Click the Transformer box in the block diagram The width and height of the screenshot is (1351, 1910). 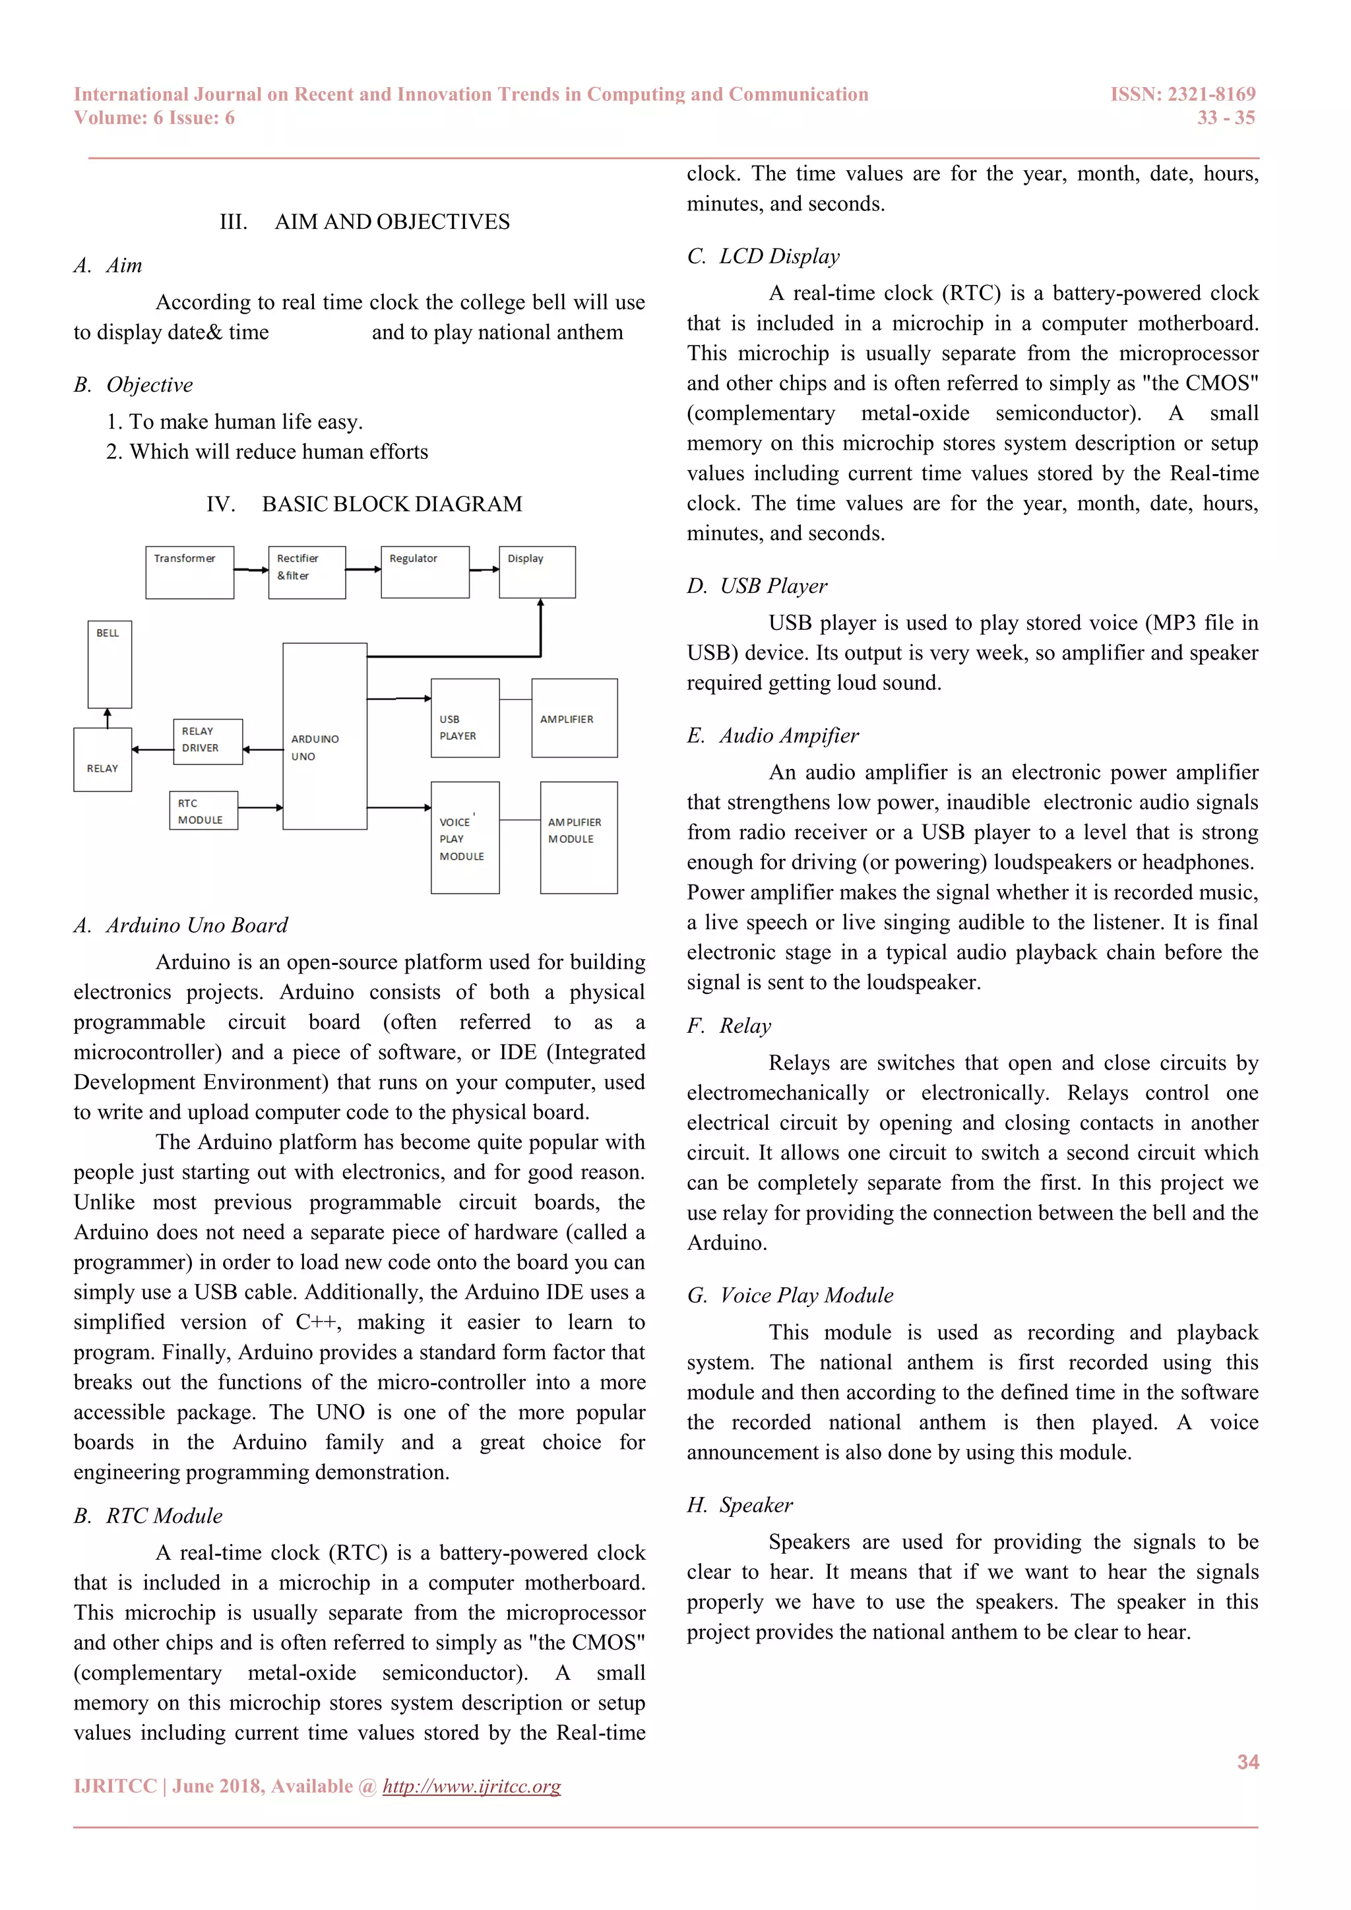click(x=190, y=572)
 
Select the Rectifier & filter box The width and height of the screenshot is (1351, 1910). click(x=307, y=572)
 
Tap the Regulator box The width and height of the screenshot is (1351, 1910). click(x=425, y=572)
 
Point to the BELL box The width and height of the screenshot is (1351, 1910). click(x=110, y=664)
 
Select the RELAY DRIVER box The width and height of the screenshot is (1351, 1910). click(x=208, y=741)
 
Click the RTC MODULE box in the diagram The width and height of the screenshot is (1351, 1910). click(x=204, y=811)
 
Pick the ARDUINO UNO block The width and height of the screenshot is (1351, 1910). click(x=325, y=736)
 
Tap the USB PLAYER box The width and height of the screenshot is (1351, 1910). click(x=465, y=718)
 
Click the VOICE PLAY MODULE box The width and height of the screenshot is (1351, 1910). click(x=465, y=838)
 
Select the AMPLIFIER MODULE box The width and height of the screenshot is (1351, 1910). click(x=579, y=838)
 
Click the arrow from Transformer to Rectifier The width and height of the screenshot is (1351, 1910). click(x=251, y=570)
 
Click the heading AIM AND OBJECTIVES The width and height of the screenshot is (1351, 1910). click(x=392, y=222)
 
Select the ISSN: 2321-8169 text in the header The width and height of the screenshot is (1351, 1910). click(x=1182, y=95)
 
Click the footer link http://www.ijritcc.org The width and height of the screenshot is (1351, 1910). click(x=472, y=1786)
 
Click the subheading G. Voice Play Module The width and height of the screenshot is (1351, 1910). click(x=790, y=1295)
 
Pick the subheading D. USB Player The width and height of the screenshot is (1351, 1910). click(x=757, y=586)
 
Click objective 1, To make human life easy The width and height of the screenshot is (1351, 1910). click(x=235, y=421)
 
